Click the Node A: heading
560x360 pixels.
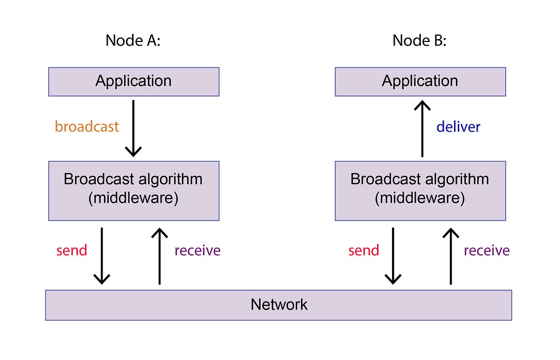click(133, 41)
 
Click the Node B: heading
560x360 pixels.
click(420, 41)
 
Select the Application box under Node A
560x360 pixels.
click(133, 82)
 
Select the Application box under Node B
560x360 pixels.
click(420, 82)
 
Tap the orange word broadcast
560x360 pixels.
click(87, 126)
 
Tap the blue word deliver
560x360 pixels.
click(458, 127)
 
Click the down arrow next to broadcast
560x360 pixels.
click(133, 128)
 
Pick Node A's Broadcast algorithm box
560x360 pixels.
click(133, 191)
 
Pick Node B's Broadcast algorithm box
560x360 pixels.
click(420, 191)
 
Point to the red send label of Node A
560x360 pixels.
click(72, 250)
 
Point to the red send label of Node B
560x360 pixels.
click(364, 250)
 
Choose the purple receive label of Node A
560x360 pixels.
click(197, 250)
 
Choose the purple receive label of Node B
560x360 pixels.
click(486, 250)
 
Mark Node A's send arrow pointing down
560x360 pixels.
click(102, 256)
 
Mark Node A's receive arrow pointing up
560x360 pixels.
click(160, 256)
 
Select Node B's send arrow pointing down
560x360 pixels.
click(393, 256)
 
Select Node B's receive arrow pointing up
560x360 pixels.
click(451, 256)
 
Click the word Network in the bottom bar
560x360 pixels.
click(279, 305)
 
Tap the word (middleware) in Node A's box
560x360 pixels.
click(133, 199)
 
